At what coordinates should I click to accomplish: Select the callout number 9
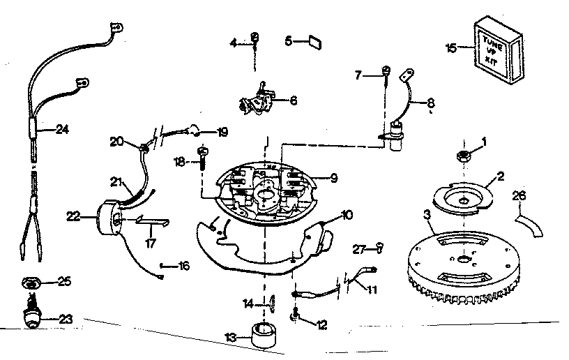point(334,178)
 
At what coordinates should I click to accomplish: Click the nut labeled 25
point(31,283)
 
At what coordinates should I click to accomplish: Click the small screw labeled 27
point(378,246)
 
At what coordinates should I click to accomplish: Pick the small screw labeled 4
point(255,38)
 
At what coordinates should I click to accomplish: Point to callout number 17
point(151,243)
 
